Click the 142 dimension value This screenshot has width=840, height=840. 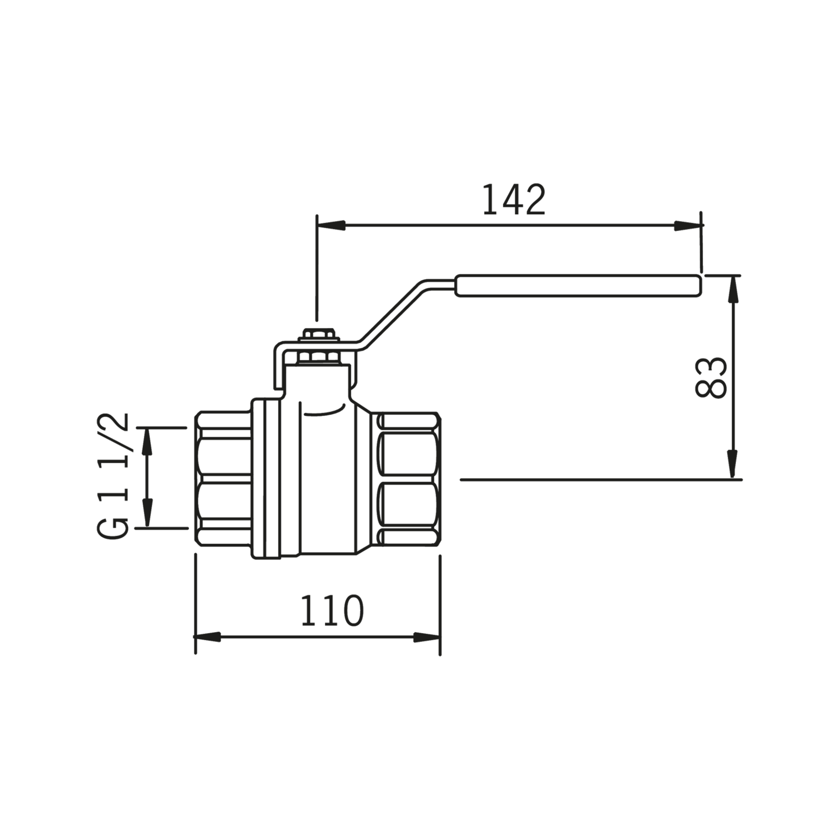[514, 200]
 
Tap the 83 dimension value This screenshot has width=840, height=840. [711, 377]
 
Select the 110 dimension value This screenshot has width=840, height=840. [331, 611]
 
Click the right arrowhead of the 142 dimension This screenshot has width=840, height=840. [688, 225]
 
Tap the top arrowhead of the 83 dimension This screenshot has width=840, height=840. [733, 289]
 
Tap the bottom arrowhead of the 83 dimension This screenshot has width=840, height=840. [733, 465]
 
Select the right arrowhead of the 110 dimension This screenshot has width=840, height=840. [426, 637]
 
